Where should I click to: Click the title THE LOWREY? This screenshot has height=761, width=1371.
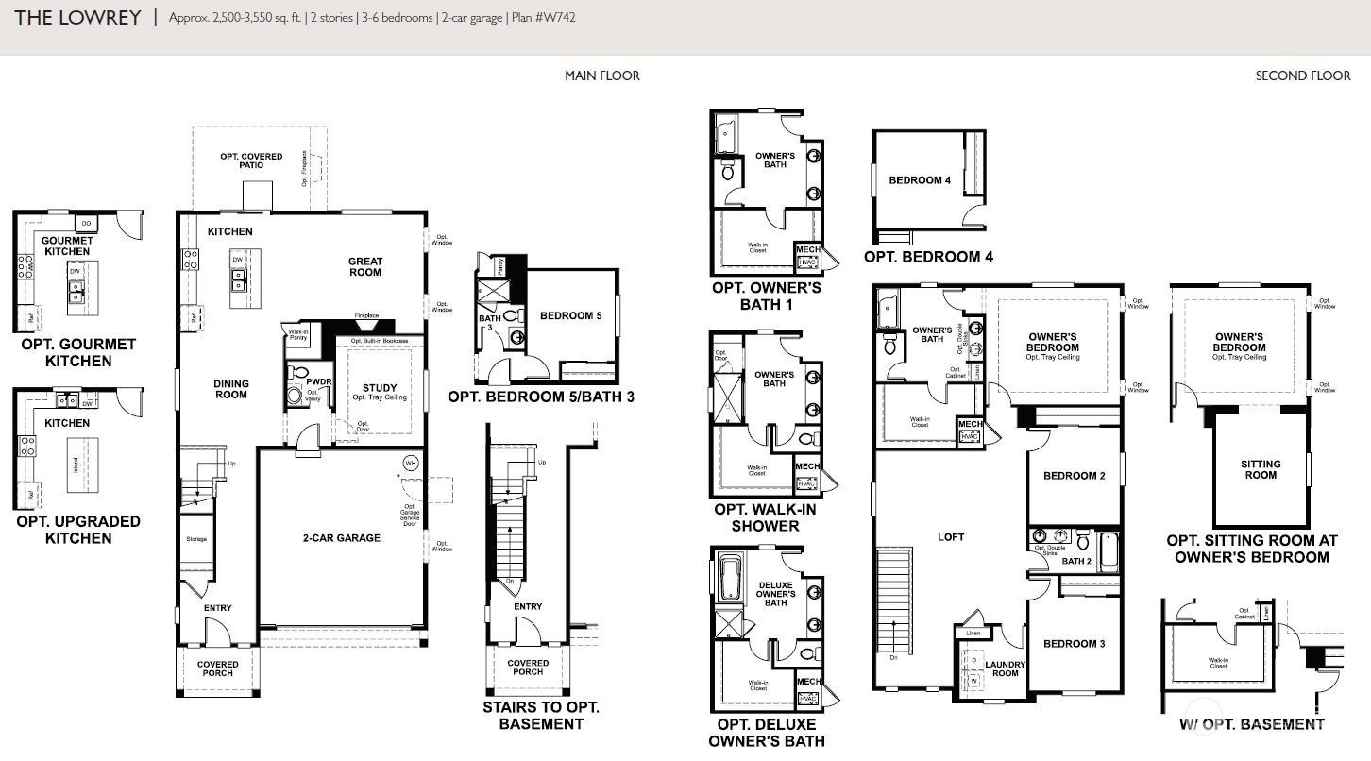point(77,17)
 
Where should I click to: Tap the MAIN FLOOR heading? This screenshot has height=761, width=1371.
point(601,76)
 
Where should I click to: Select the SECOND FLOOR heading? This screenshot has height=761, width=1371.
point(1302,76)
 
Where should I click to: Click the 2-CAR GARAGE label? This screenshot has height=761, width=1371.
point(343,538)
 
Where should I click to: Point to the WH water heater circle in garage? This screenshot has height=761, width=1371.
point(410,463)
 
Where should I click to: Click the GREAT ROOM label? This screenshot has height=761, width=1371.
point(364,266)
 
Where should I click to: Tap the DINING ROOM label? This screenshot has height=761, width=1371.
point(230,389)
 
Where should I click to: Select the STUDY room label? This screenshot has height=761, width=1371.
point(380,388)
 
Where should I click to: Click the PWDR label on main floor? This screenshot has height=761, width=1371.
point(319,382)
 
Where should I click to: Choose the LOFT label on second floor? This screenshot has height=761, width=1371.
point(951,537)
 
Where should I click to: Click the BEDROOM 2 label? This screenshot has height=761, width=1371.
point(1074,476)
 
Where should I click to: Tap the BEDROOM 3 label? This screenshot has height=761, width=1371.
point(1074,644)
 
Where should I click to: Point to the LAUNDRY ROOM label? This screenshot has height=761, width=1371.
point(1006,668)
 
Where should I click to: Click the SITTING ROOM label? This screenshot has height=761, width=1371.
point(1261,469)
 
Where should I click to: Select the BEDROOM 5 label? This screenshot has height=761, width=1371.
point(570,315)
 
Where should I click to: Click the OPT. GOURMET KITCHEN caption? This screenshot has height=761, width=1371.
point(78,352)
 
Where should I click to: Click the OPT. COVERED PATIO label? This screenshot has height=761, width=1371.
point(251,161)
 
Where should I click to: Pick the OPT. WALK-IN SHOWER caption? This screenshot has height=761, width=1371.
point(765,517)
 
